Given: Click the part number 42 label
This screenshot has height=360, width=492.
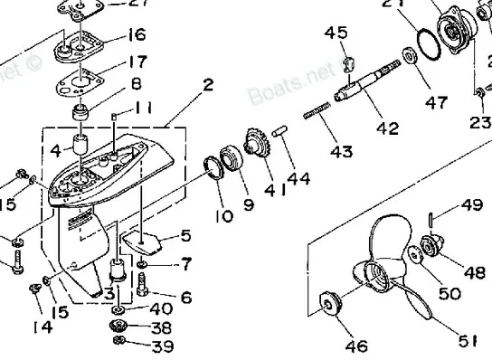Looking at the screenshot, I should (x=388, y=128).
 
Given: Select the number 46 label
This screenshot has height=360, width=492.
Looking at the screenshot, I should (x=356, y=345).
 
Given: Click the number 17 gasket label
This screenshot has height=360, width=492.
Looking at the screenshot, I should (x=137, y=63).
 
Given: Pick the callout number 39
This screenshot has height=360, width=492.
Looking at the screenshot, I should (x=161, y=345).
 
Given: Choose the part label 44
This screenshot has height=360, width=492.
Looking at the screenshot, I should (x=299, y=179).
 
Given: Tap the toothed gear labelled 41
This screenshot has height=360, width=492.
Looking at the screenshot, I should (x=256, y=148).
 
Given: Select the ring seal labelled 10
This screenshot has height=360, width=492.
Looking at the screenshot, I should (x=215, y=168).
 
